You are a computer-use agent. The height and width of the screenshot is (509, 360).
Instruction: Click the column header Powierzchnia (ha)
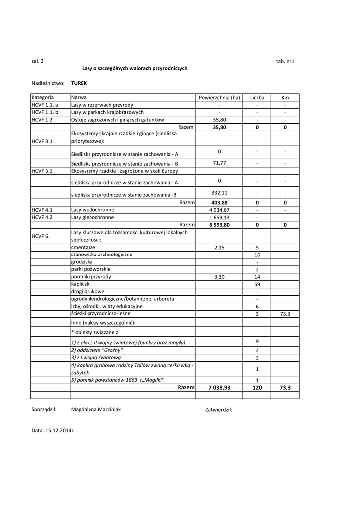point(219,98)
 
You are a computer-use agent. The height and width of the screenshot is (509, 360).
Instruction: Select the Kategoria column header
point(43,98)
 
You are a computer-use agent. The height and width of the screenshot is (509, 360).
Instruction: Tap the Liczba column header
point(257,98)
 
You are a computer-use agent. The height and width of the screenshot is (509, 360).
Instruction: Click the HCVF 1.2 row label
point(42,120)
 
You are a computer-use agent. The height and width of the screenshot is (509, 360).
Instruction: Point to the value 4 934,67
point(219,210)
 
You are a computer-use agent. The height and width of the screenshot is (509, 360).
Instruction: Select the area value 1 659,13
point(219,217)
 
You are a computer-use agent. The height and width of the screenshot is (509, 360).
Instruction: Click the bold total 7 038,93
point(219,388)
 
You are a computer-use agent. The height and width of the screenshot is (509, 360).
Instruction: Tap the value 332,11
point(219,193)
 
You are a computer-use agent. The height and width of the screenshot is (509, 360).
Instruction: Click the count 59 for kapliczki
point(257,284)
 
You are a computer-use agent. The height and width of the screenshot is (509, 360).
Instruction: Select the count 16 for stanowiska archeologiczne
point(257,254)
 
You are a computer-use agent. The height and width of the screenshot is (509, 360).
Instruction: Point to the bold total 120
point(257,388)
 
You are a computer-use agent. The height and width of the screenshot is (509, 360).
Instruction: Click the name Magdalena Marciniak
point(96,410)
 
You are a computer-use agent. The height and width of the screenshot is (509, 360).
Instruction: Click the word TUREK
point(79,83)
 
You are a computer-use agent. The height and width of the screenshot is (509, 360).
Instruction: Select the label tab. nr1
point(285,61)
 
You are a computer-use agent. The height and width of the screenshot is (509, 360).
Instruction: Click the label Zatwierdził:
point(219,410)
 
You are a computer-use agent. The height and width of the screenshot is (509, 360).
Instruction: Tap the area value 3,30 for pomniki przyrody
point(219,277)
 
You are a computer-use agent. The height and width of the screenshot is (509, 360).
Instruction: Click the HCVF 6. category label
point(41,236)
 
